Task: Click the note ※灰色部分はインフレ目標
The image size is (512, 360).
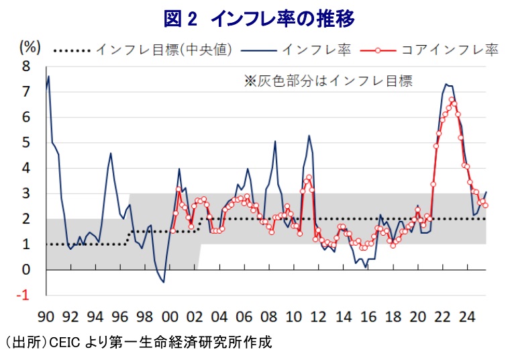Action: pyautogui.click(x=327, y=81)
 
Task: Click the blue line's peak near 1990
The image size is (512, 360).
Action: pyautogui.click(x=49, y=76)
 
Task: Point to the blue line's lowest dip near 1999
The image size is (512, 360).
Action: pyautogui.click(x=163, y=282)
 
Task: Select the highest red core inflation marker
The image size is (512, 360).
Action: pyautogui.click(x=452, y=100)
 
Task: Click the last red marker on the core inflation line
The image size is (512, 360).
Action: pyautogui.click(x=485, y=205)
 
